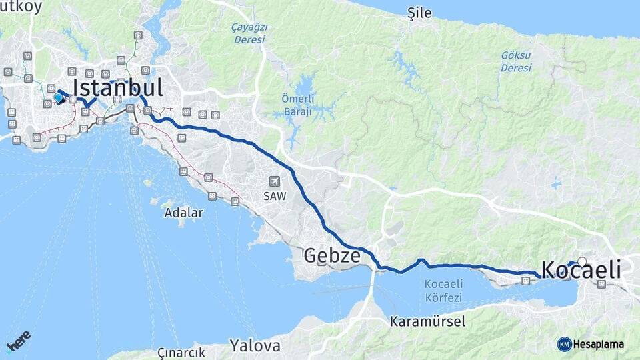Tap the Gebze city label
tap(332, 255)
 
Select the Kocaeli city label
tap(581, 270)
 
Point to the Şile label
tap(420, 13)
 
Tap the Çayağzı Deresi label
tap(249, 33)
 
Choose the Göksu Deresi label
tap(516, 62)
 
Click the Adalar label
tap(183, 213)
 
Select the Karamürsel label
tap(428, 321)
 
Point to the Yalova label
tap(255, 345)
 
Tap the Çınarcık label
tap(180, 351)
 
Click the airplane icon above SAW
tap(273, 181)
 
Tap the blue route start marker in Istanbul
tap(59, 98)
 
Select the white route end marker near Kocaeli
tap(582, 261)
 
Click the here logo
tap(19, 341)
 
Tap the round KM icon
tap(564, 344)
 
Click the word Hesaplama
tap(599, 344)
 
